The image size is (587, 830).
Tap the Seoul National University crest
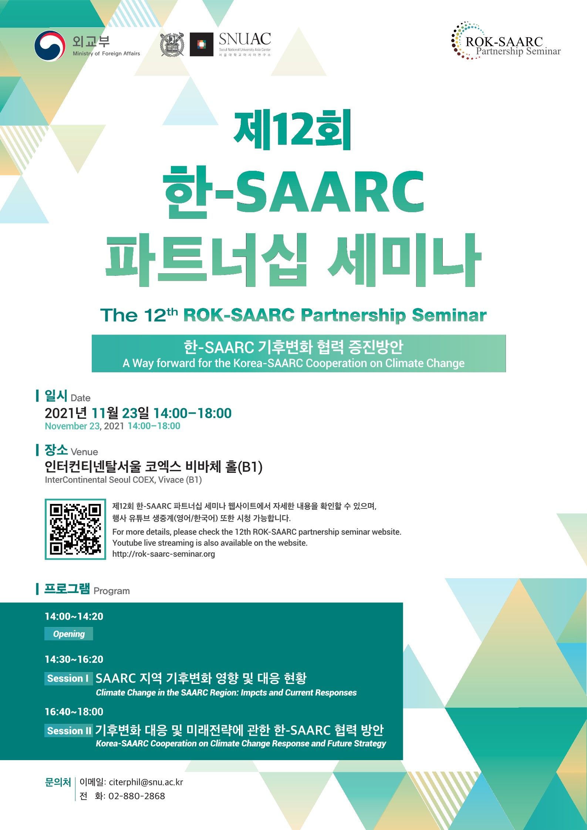[172, 44]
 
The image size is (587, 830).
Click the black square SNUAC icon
[202, 44]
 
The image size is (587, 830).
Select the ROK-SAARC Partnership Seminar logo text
[513, 45]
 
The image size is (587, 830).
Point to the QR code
[75, 529]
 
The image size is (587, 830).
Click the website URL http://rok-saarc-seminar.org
[163, 554]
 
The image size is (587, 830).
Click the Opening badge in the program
[69, 634]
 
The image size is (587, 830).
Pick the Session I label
[68, 678]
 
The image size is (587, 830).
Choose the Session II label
[69, 731]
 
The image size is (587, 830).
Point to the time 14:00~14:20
[74, 616]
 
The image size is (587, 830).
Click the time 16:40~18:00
[74, 712]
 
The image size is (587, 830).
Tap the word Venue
[84, 452]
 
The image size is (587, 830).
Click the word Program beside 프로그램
[112, 591]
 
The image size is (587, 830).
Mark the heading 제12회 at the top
[293, 130]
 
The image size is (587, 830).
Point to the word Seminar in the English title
[449, 315]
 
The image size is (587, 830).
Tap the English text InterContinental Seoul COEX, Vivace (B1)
[124, 480]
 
